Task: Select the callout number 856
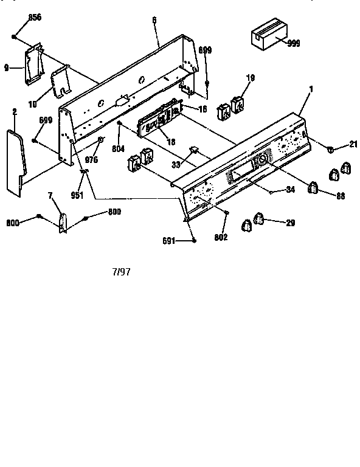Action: pos(34,17)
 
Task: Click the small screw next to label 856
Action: pos(14,36)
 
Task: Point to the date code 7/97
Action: pos(121,272)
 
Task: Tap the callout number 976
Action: pos(92,161)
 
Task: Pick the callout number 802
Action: pos(221,237)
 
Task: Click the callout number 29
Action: pos(290,223)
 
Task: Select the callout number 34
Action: pos(290,190)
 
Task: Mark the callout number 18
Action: pos(171,141)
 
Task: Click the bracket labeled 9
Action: pos(32,63)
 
